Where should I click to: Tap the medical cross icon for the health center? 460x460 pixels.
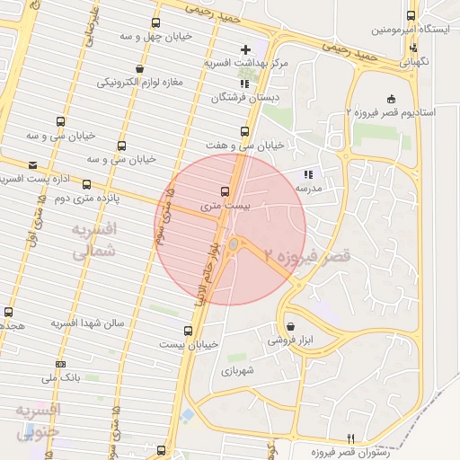click(246, 49)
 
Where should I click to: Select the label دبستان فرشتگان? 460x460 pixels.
click(241, 97)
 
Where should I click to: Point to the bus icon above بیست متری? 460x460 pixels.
click(225, 191)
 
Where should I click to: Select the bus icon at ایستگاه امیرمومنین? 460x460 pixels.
click(411, 15)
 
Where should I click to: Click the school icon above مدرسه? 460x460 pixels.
click(308, 174)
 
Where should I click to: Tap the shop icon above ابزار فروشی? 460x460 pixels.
click(289, 326)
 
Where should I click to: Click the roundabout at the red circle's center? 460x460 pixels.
click(234, 244)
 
